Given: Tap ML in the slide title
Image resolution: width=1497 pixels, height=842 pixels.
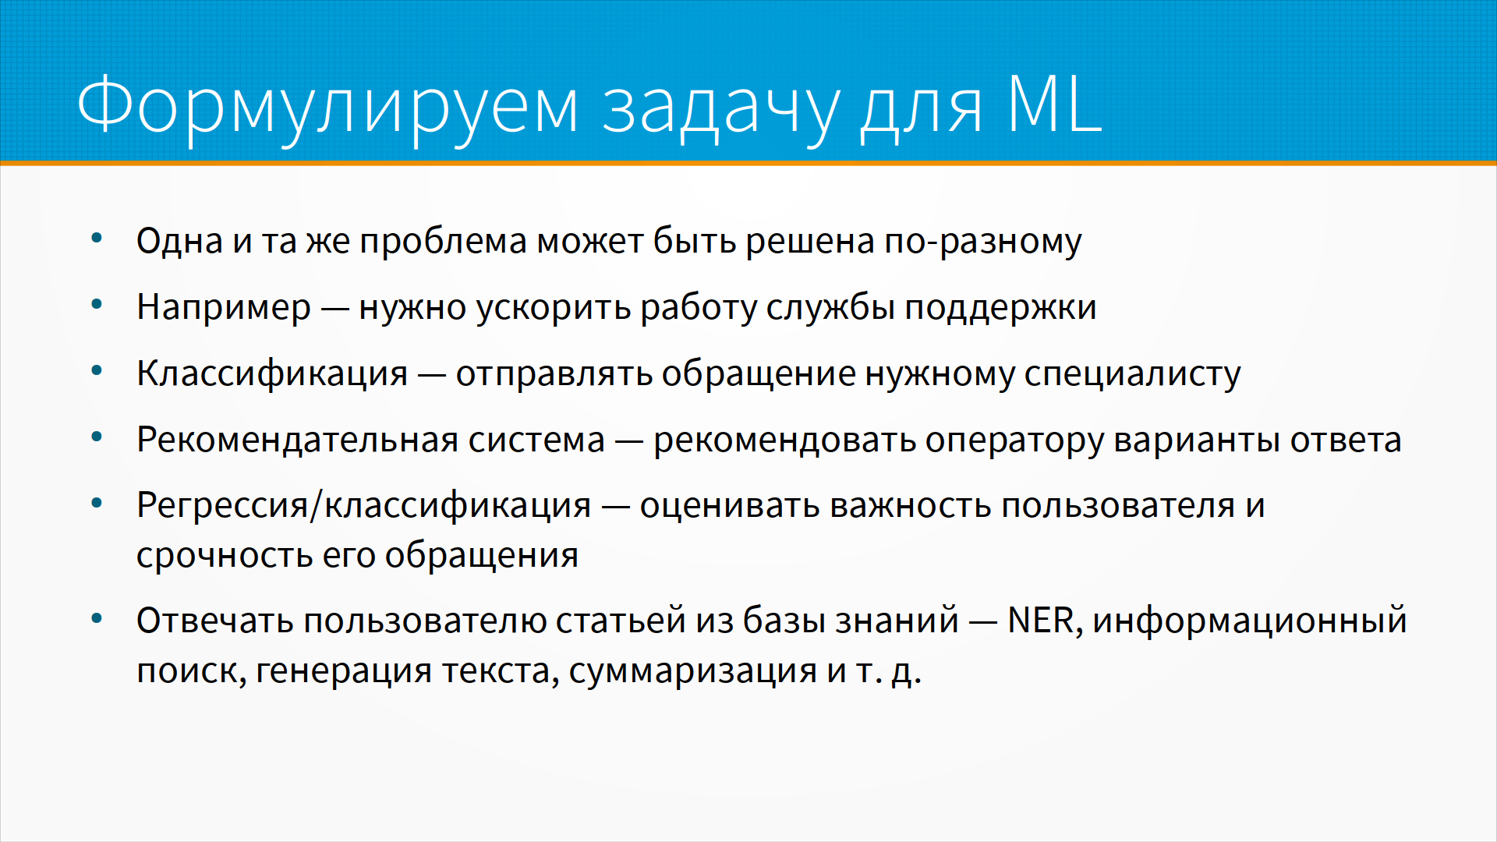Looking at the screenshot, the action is pos(1055,103).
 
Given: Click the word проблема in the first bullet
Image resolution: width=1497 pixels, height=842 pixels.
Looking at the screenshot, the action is pos(444,241).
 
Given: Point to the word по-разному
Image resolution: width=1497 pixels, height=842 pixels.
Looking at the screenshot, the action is pos(982,242).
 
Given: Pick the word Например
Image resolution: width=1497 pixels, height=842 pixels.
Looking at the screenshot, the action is pos(224,308).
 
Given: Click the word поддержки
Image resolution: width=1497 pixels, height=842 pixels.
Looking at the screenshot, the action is pos(1000,308).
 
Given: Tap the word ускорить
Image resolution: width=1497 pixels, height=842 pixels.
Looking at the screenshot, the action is pos(554,308).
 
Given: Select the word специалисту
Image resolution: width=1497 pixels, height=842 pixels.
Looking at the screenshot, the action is pos(1132,374).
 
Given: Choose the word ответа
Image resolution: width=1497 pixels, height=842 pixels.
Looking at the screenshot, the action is pos(1346,440).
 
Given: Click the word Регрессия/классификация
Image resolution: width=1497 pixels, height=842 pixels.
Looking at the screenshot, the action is pos(364,506).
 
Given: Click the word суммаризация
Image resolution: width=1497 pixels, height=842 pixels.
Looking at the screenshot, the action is pos(693,671).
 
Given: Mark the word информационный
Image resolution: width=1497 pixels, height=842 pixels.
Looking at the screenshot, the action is pos(1250,621).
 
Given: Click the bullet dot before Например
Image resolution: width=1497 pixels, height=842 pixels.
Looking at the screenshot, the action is pos(97,305).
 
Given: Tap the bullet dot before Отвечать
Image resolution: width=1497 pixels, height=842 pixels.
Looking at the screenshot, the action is pos(97,619).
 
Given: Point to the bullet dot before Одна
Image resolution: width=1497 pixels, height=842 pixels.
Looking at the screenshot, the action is pos(97,239).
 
